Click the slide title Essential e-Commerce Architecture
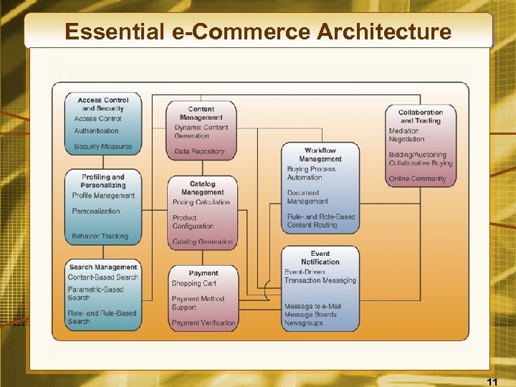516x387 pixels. [258, 32]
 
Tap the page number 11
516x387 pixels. [492, 381]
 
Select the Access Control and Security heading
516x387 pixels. [102, 105]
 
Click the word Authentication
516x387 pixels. [97, 131]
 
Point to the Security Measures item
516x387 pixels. [103, 147]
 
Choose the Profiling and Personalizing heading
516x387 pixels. [102, 181]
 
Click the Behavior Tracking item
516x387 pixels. [100, 236]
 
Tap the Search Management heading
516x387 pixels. [103, 267]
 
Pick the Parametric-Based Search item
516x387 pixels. [95, 294]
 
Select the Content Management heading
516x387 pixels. [201, 113]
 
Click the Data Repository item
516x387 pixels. [199, 152]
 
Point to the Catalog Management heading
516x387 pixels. [202, 188]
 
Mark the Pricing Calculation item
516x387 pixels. [201, 202]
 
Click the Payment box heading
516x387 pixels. [204, 273]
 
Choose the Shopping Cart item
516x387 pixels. [193, 284]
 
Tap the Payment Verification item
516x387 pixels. [204, 323]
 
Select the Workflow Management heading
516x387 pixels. [320, 155]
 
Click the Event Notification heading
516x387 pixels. [320, 258]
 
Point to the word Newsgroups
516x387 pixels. [304, 323]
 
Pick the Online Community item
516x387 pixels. [418, 178]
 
